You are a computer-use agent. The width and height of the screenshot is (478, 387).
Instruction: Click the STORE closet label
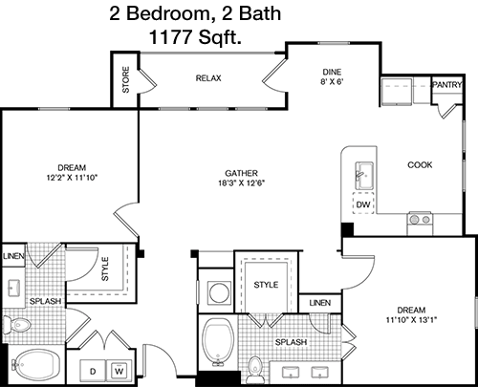[126, 79]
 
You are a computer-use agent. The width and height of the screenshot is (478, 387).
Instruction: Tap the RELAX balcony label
[208, 78]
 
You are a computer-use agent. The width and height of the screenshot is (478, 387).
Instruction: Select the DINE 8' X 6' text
[332, 76]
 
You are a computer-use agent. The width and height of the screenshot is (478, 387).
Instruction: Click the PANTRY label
[447, 85]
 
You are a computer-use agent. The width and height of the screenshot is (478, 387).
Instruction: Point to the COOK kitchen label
[420, 165]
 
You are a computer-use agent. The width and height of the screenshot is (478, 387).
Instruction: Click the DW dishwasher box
[363, 204]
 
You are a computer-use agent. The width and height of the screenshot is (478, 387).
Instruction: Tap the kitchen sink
[364, 176]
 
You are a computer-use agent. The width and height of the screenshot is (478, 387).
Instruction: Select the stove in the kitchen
[420, 224]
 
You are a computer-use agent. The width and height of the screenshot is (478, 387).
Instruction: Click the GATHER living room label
[241, 173]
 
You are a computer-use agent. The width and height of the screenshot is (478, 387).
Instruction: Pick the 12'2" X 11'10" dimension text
[72, 178]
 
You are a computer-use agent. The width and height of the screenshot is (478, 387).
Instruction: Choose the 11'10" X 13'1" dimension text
[411, 319]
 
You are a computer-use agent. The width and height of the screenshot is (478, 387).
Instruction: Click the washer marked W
[119, 371]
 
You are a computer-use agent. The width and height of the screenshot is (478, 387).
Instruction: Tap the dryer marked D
[93, 371]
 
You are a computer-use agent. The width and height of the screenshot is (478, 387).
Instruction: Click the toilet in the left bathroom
[17, 325]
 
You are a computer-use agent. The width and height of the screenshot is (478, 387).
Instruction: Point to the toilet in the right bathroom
[255, 370]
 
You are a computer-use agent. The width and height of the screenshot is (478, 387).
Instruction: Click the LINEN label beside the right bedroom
[320, 303]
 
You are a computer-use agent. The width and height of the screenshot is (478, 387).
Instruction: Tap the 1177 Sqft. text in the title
[195, 37]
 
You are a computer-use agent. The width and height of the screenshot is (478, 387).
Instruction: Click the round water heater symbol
[220, 291]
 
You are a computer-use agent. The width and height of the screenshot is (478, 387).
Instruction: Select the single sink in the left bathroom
[13, 289]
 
